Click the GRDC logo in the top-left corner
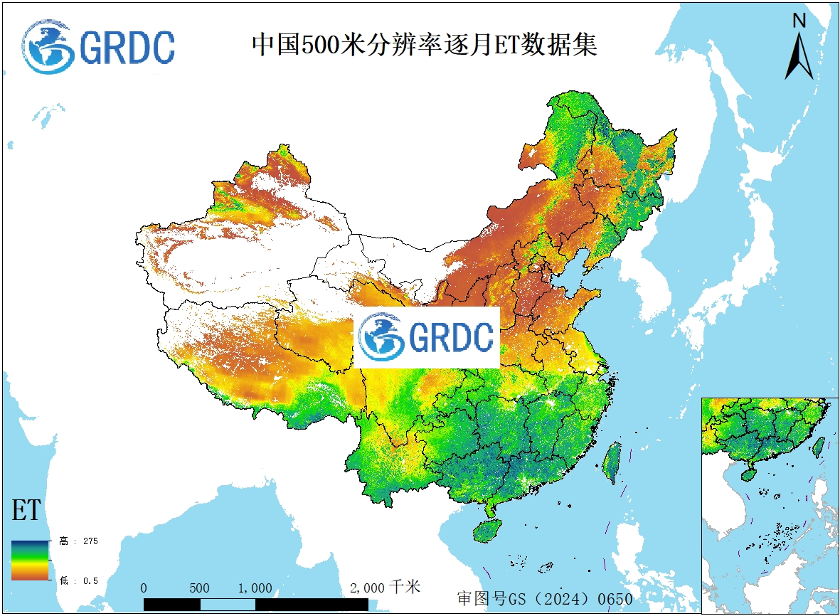(x=98, y=46)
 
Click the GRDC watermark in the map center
(x=427, y=337)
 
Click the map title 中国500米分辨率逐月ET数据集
(x=425, y=45)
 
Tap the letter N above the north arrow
(x=799, y=21)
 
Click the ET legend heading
(x=26, y=511)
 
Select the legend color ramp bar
(x=30, y=561)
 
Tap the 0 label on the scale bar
(x=144, y=588)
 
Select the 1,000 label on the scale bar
(x=255, y=588)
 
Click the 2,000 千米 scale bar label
(x=385, y=588)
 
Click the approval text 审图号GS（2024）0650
(x=544, y=599)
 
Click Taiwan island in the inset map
(x=818, y=446)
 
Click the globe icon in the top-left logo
(x=48, y=46)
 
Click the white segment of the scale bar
(x=227, y=605)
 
